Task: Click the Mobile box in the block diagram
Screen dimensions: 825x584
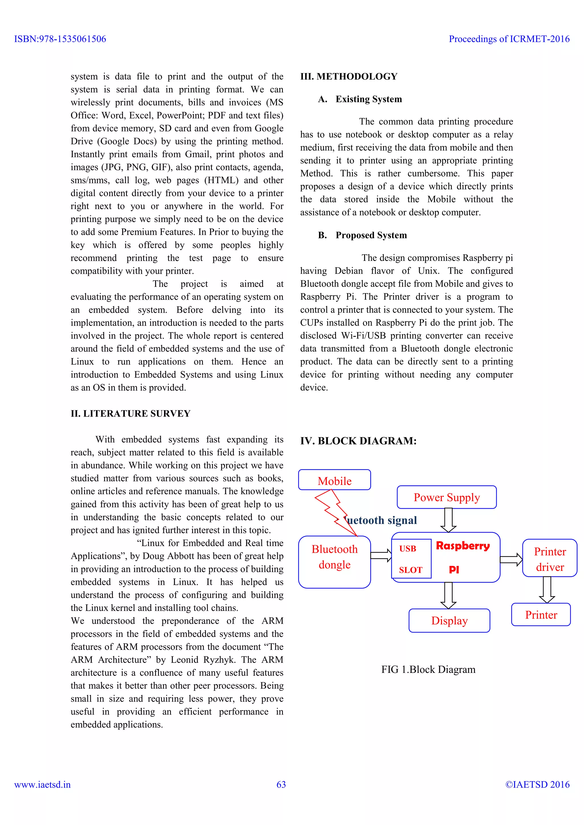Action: click(334, 480)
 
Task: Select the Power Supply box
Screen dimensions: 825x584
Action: click(447, 497)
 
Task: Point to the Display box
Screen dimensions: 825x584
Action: click(449, 620)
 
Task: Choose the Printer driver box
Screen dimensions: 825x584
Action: click(549, 558)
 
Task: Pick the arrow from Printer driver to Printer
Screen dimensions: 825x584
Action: click(547, 590)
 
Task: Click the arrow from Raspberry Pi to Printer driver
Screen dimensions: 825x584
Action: click(511, 559)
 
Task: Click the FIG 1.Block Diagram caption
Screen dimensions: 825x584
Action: click(428, 670)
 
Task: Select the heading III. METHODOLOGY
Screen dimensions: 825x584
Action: click(349, 77)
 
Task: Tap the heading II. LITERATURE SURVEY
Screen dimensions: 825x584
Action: click(131, 414)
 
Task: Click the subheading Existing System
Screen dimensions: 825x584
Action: click(369, 99)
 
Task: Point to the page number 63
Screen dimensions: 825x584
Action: click(281, 785)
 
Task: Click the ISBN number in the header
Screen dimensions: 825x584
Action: click(60, 39)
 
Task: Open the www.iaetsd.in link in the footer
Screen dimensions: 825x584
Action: click(42, 785)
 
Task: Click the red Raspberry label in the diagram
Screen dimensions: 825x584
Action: click(463, 546)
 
